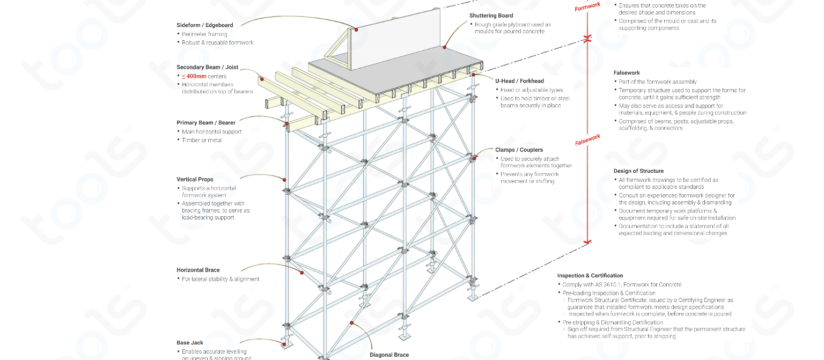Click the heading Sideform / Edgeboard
pyautogui.click(x=204, y=25)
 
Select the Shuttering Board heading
pyautogui.click(x=491, y=16)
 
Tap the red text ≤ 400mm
pyautogui.click(x=194, y=76)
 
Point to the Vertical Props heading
pyautogui.click(x=195, y=179)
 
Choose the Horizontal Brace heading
pyautogui.click(x=198, y=270)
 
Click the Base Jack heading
pyautogui.click(x=190, y=342)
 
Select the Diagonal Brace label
pyautogui.click(x=389, y=355)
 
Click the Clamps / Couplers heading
pyautogui.click(x=519, y=150)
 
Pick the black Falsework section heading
pyautogui.click(x=627, y=73)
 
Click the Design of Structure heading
pyautogui.click(x=638, y=171)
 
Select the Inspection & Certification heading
pyautogui.click(x=590, y=276)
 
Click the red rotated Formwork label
pyautogui.click(x=587, y=7)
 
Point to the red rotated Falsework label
pyautogui.click(x=587, y=140)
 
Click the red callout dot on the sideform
pyautogui.click(x=356, y=30)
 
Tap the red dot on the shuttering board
pyautogui.click(x=444, y=47)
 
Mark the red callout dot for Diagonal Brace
pyautogui.click(x=352, y=322)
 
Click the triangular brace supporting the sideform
pyautogui.click(x=337, y=52)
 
